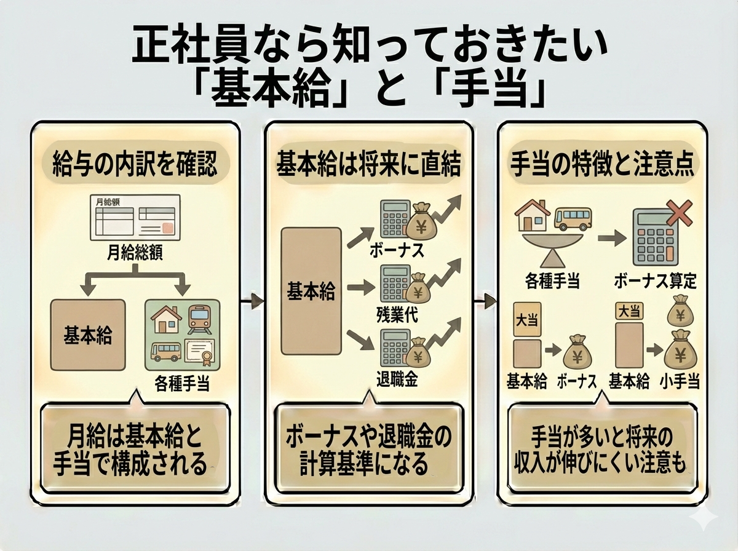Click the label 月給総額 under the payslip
pos(135,253)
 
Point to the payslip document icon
pos(135,218)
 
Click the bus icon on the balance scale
pos(573,218)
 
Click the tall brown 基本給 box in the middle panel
pos(311,291)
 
